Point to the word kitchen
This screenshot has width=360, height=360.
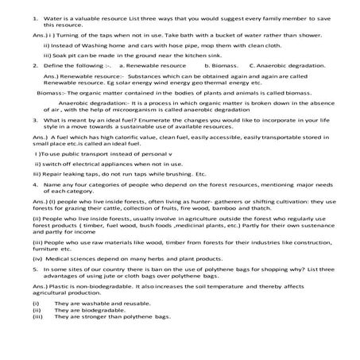coord(186,56)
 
